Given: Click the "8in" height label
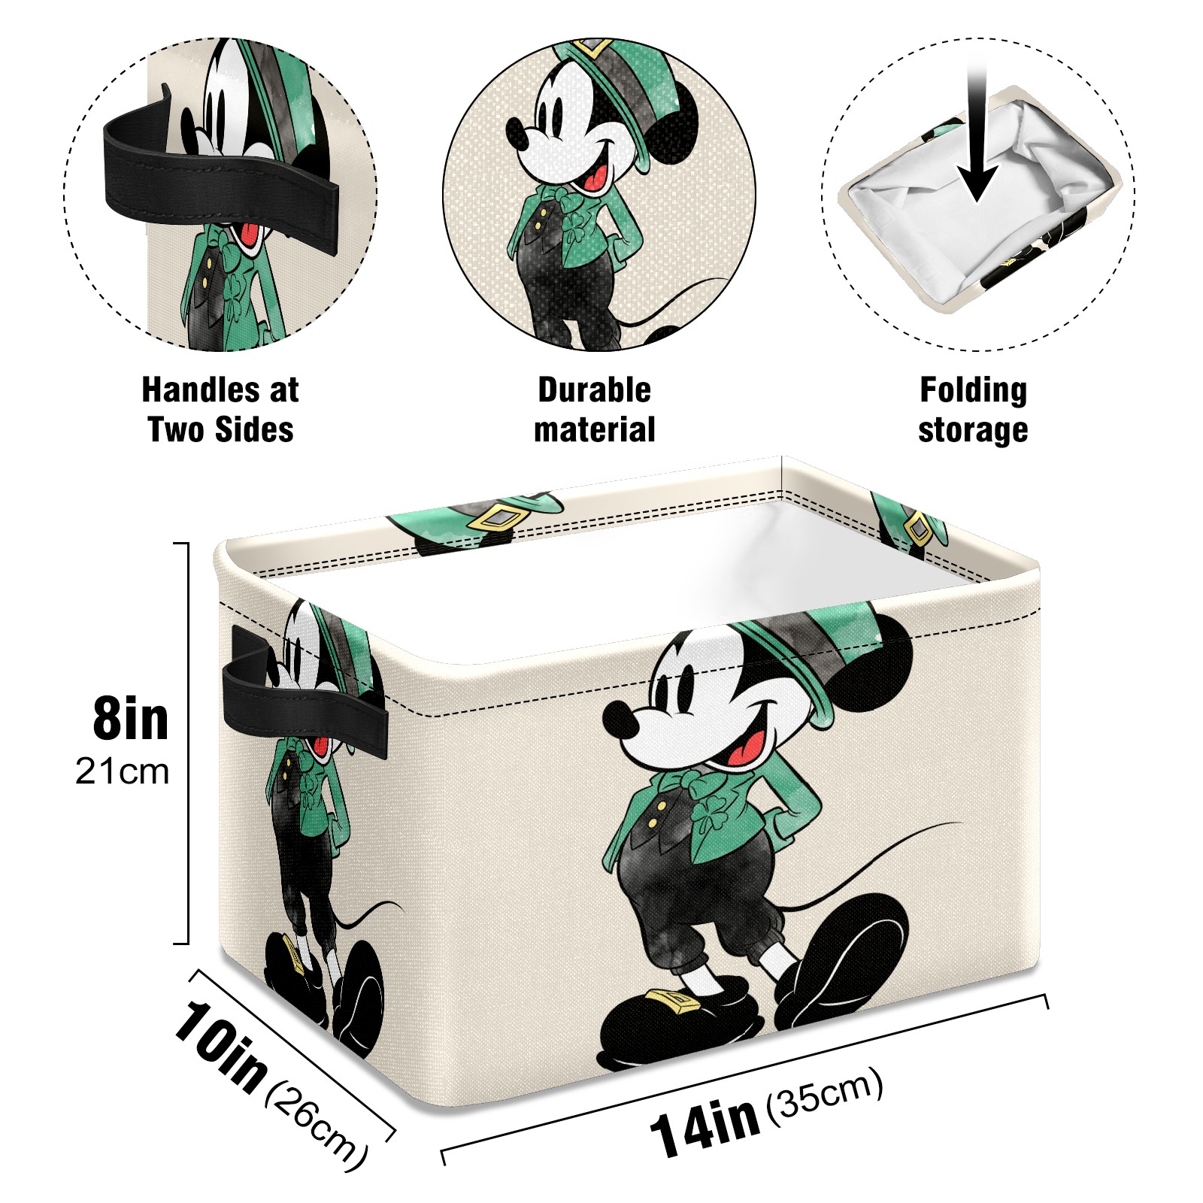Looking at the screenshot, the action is (x=131, y=719).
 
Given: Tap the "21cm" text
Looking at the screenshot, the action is (x=123, y=772).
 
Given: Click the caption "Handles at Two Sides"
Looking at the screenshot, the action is (x=220, y=410).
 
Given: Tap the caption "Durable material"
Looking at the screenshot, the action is (x=595, y=410).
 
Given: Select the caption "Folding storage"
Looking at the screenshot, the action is (x=973, y=410).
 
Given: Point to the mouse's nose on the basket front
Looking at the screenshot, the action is (x=617, y=718).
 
